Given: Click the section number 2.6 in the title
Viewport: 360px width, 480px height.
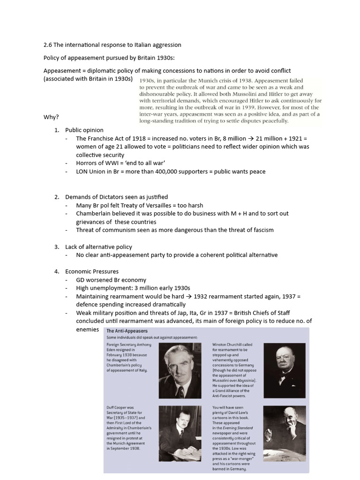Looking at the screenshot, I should [x=47, y=45].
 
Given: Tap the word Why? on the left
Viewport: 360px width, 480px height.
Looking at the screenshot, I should [x=51, y=117].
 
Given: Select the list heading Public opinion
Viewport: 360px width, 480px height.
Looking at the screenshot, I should [x=84, y=130].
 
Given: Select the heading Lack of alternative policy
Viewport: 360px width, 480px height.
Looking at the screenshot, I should [x=98, y=247].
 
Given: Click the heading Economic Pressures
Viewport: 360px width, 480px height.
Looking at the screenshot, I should [x=92, y=271].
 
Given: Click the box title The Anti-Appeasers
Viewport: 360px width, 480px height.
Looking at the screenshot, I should [x=127, y=331].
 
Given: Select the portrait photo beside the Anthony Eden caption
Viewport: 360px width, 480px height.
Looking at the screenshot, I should [x=180, y=371].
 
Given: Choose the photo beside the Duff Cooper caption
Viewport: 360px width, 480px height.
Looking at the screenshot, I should [x=180, y=434].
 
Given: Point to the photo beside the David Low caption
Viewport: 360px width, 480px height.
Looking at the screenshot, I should [x=284, y=434].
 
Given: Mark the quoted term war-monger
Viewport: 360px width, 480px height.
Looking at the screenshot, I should [x=240, y=458].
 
